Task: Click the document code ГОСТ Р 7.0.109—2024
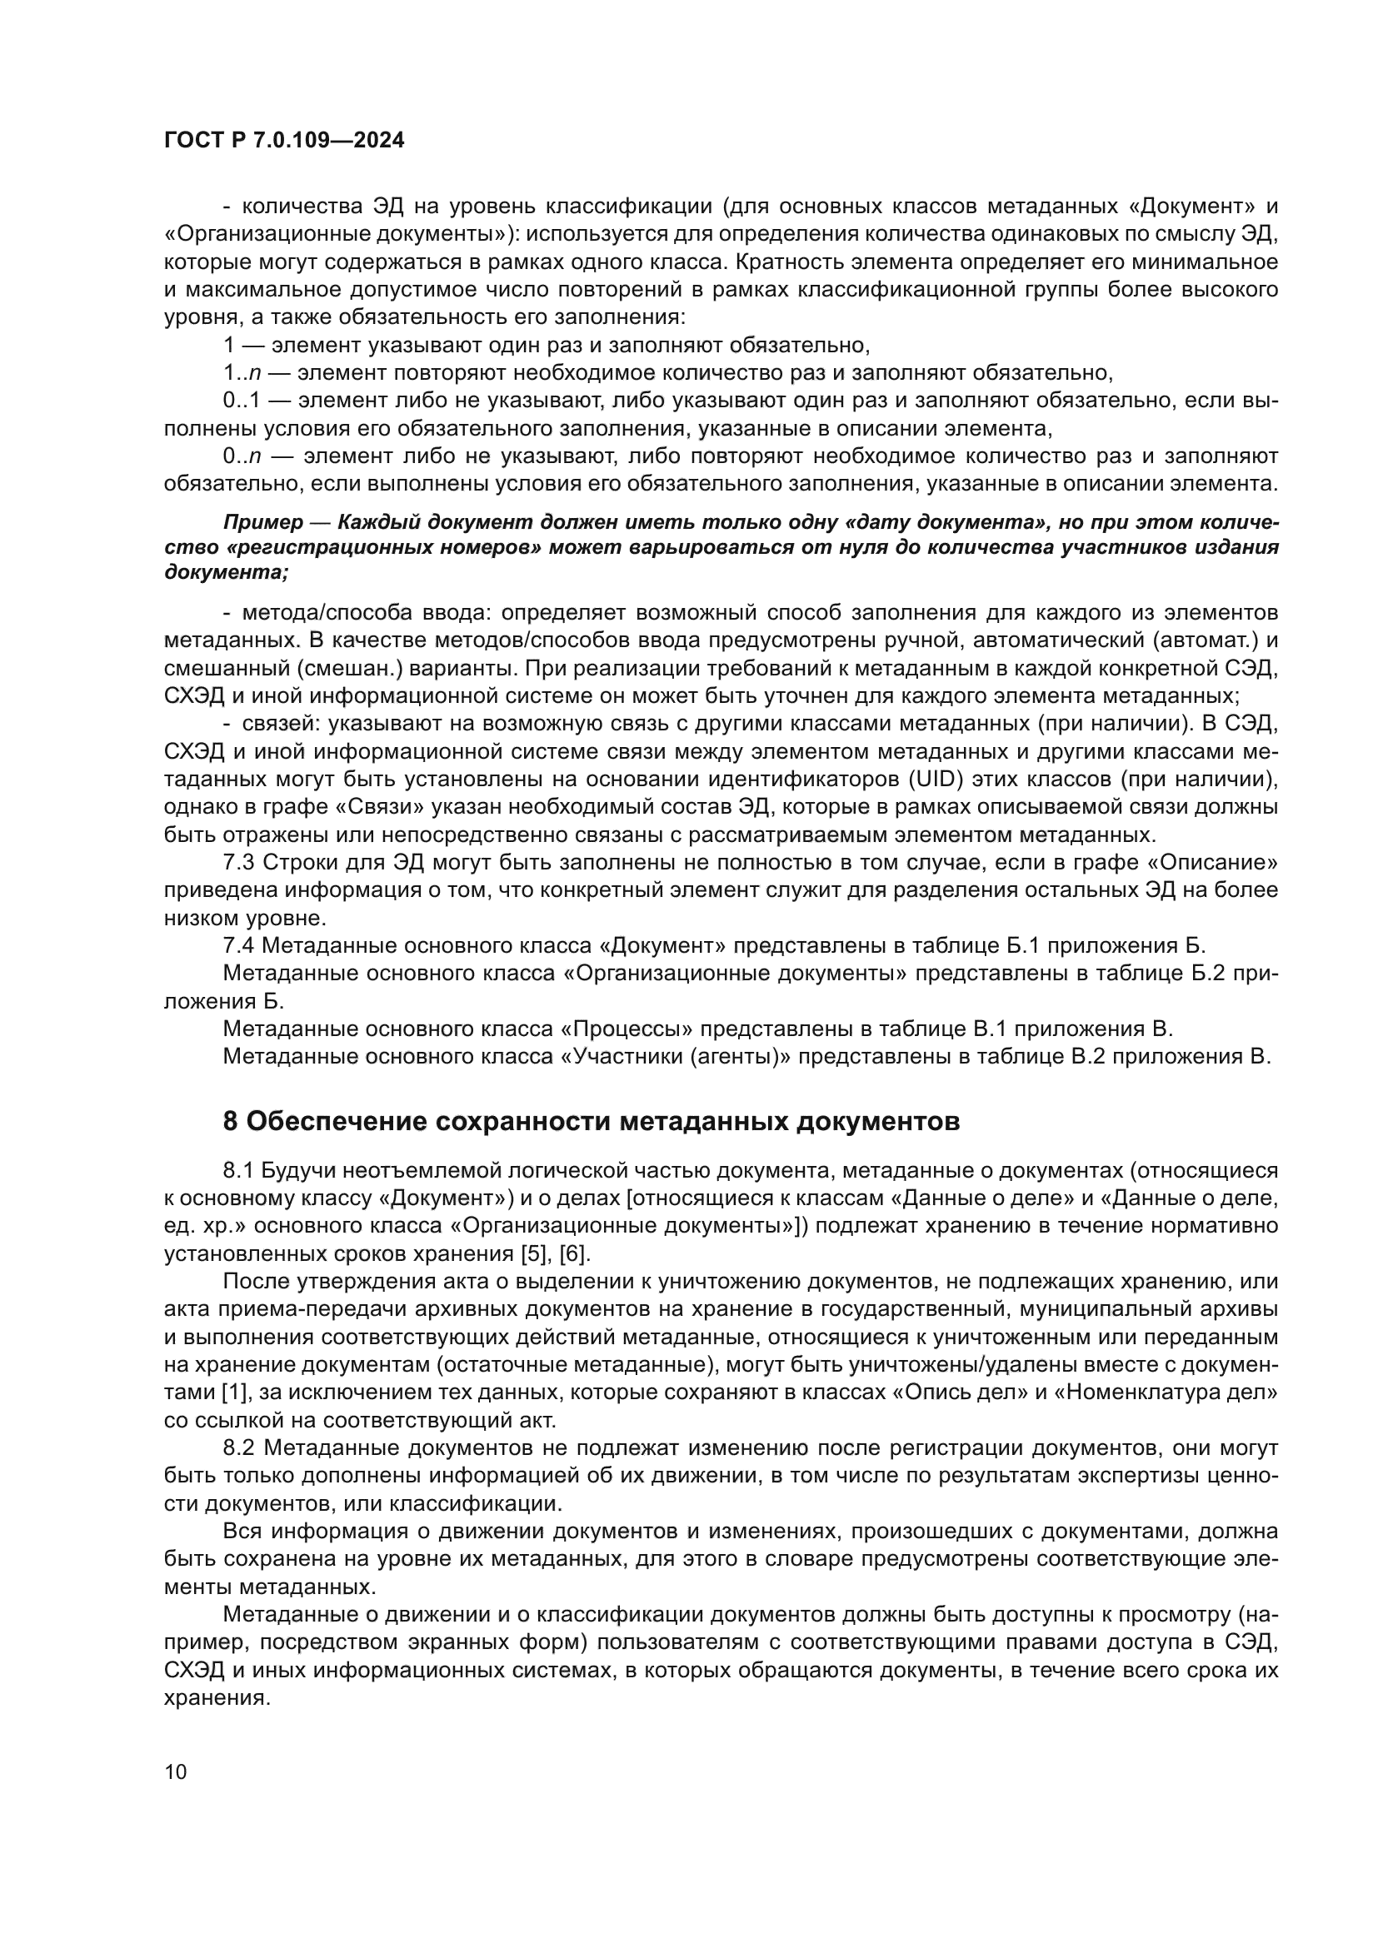tap(283, 141)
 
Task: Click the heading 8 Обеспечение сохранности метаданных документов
tap(591, 1122)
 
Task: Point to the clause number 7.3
tap(238, 863)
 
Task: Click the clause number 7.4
tap(238, 946)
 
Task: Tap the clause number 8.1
tap(238, 1171)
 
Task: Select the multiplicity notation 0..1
tap(237, 401)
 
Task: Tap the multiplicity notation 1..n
tap(241, 372)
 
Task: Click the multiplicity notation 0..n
tap(241, 456)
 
